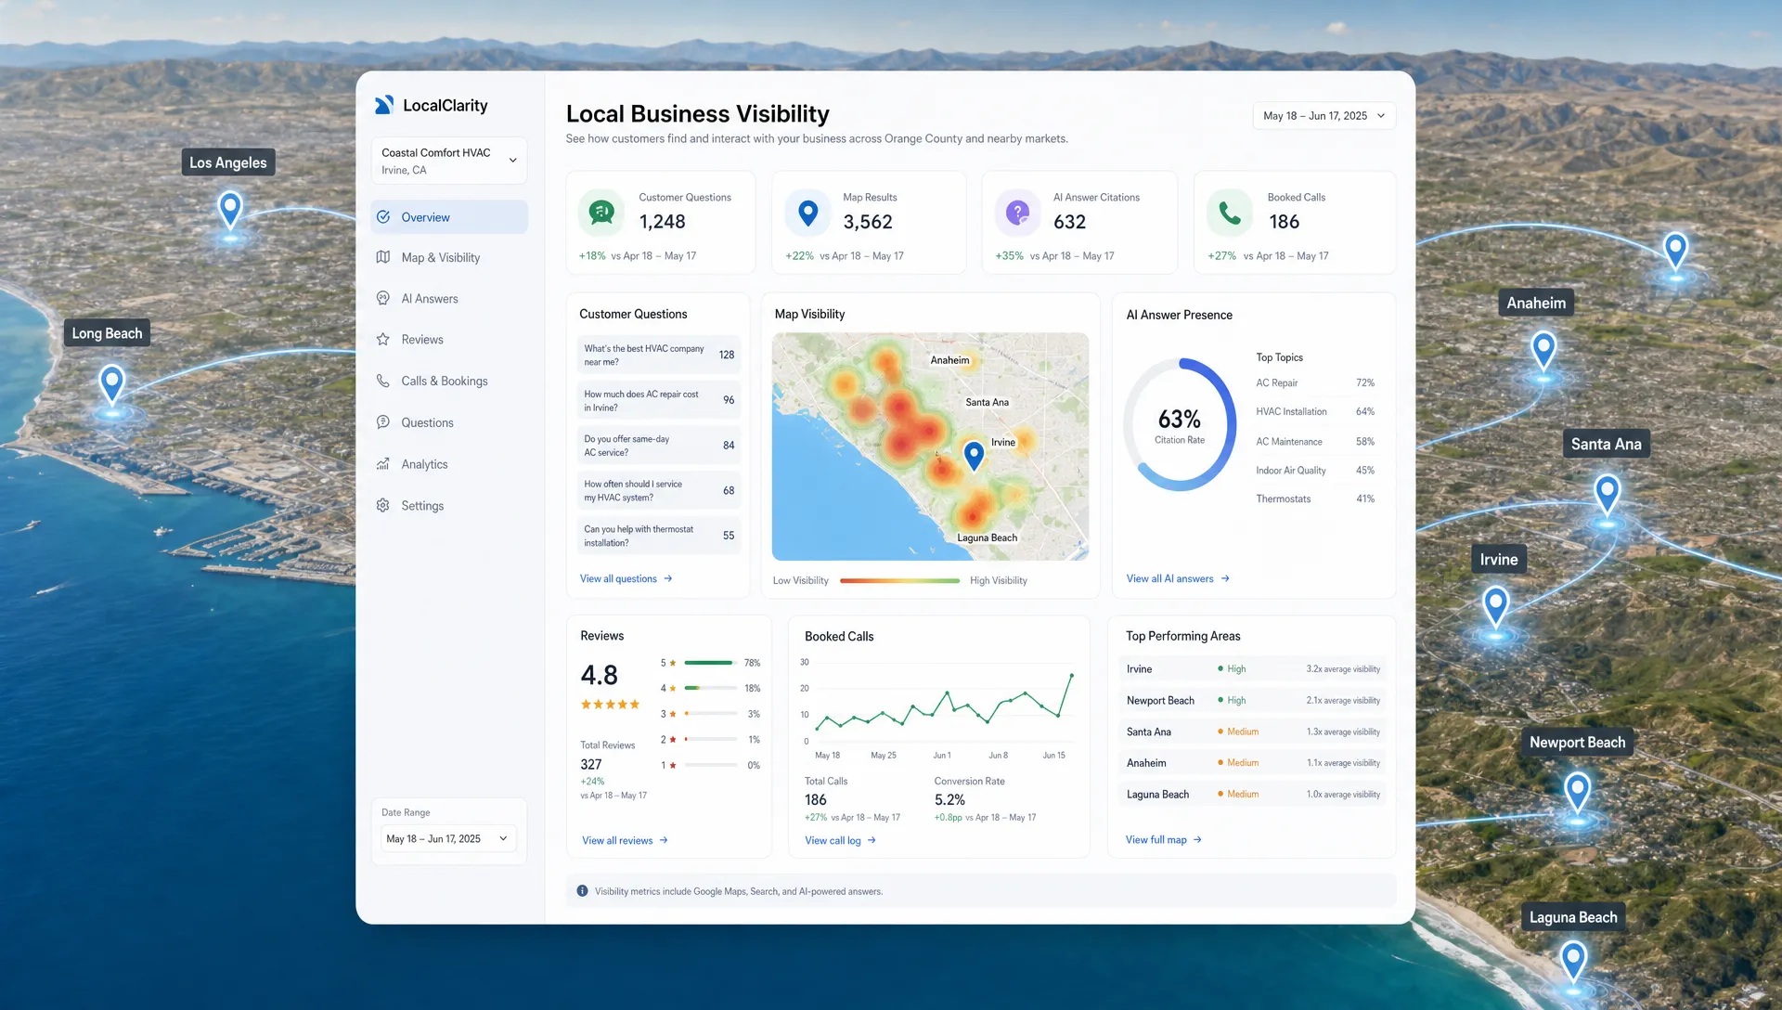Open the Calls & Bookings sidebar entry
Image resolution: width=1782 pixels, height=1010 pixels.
(x=444, y=382)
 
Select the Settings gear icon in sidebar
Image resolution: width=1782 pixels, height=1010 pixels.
(x=382, y=505)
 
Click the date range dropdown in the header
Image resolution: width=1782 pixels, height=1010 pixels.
(x=1324, y=116)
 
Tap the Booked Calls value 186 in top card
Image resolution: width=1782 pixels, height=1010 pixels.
(x=1284, y=222)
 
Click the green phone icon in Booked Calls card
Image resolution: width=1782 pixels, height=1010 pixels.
(x=1229, y=213)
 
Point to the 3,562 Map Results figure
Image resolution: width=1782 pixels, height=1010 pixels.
(x=867, y=222)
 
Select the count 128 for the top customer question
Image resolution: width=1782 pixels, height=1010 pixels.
(x=726, y=355)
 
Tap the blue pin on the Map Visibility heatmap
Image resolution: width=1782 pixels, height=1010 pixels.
(x=974, y=455)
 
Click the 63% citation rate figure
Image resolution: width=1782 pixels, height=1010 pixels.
(x=1179, y=419)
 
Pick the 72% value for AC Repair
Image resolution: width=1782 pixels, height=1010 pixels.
(x=1364, y=382)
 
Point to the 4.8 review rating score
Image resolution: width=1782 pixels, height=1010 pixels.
(x=599, y=675)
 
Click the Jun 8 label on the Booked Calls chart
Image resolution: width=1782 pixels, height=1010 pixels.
(x=998, y=756)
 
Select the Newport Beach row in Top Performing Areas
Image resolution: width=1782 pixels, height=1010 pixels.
(x=1252, y=700)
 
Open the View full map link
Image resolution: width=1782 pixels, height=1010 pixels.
(x=1164, y=840)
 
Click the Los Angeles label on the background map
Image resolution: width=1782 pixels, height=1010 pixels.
(x=228, y=162)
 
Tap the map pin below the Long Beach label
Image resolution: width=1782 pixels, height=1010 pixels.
(x=111, y=383)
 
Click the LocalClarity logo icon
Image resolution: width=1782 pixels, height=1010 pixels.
(x=383, y=105)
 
